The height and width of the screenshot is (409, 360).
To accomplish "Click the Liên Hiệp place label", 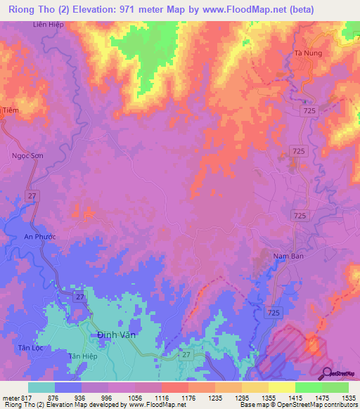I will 47,25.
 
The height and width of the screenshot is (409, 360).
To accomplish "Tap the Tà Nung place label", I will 307,53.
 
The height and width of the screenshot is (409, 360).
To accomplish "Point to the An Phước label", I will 39,237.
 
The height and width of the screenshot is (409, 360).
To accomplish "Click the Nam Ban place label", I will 289,257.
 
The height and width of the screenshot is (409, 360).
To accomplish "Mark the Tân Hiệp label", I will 82,356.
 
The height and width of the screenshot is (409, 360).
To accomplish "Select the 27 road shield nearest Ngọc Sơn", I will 32,195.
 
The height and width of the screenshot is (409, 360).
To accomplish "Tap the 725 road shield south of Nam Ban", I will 275,311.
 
